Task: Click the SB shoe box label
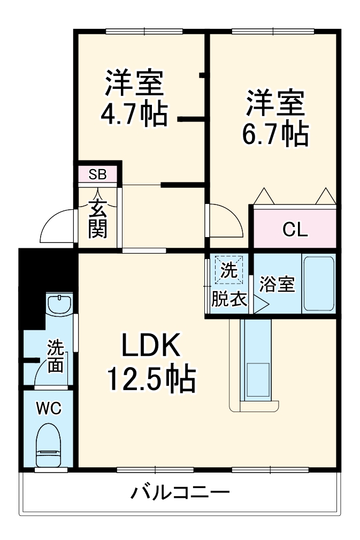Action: pos(97,174)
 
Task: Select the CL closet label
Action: pos(295,230)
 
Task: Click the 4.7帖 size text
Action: pos(134,112)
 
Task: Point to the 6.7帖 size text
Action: pos(275,134)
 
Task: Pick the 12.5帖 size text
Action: pos(150,379)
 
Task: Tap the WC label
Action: pos(49,409)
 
